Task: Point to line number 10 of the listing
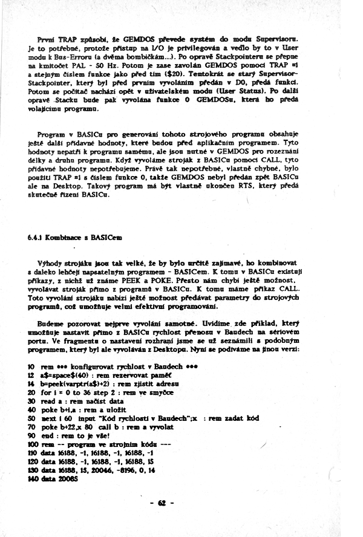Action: (x=31, y=367)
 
